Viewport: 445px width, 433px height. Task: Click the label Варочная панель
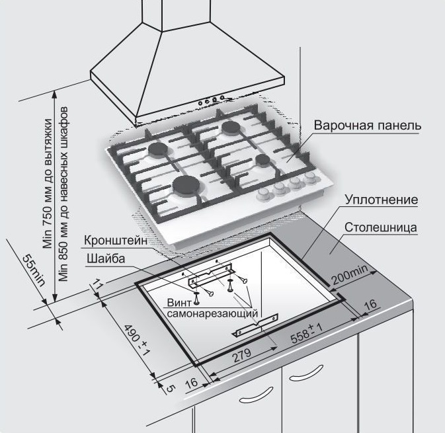[367, 125]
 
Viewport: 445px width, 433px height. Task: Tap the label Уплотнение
[381, 200]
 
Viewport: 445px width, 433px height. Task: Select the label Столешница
[381, 227]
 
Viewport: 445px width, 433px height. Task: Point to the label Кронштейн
[116, 241]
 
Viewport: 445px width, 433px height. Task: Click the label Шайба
[106, 258]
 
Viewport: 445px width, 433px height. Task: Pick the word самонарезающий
[212, 313]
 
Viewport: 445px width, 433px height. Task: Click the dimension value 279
[242, 355]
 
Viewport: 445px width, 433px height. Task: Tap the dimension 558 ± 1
[307, 334]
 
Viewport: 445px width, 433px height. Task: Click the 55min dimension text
[34, 270]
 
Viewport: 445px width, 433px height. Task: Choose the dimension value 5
[169, 389]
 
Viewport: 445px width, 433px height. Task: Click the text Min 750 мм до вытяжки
[48, 184]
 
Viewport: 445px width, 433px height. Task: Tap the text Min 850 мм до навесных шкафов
[63, 194]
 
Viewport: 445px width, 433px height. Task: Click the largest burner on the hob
[186, 184]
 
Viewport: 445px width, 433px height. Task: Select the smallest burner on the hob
[263, 161]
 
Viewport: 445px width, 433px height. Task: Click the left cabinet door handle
[256, 395]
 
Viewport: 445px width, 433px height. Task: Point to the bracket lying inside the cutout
[255, 325]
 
